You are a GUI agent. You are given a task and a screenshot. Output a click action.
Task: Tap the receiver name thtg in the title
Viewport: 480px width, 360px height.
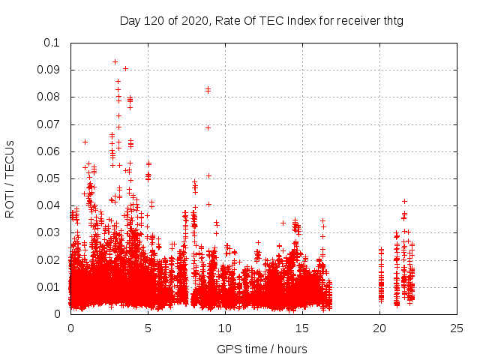(x=391, y=21)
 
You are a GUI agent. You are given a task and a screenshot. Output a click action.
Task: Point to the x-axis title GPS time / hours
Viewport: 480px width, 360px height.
(x=262, y=349)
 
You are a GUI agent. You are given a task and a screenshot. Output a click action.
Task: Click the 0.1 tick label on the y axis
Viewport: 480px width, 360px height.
(x=51, y=43)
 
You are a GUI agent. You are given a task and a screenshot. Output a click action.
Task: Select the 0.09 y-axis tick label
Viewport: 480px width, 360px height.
(x=48, y=70)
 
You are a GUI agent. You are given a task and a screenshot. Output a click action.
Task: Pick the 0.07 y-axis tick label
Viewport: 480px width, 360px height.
(x=48, y=124)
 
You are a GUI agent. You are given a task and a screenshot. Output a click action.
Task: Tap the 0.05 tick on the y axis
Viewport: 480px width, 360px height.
(x=48, y=178)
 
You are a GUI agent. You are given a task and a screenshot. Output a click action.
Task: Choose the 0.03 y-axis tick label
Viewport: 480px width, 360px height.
(x=48, y=232)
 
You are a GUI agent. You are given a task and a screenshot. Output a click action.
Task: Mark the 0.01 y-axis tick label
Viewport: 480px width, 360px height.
(x=48, y=287)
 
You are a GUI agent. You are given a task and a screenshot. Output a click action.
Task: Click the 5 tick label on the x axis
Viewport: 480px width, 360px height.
(x=148, y=328)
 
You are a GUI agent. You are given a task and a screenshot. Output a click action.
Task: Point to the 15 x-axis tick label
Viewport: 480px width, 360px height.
(x=302, y=328)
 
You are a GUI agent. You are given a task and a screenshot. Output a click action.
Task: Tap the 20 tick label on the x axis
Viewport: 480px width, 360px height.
(x=379, y=328)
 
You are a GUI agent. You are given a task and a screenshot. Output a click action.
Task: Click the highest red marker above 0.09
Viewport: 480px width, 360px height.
(x=115, y=61)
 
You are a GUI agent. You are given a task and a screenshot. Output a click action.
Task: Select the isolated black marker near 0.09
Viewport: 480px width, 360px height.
(x=125, y=68)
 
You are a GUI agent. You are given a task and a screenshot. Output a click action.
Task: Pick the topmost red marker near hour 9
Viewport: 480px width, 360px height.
(x=208, y=89)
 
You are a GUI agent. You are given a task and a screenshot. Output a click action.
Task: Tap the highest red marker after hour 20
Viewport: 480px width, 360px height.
(x=404, y=201)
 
